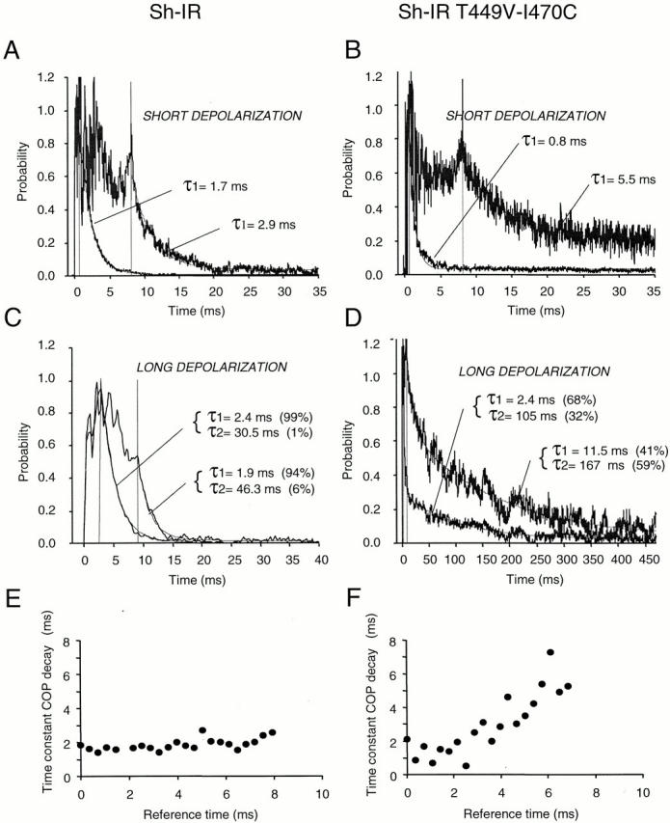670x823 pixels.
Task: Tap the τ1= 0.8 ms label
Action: pyautogui.click(x=554, y=141)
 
